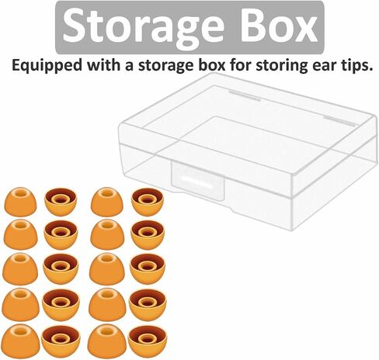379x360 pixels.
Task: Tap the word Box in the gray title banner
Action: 279,26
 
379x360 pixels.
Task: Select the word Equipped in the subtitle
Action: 47,66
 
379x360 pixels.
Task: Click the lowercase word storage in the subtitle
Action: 165,66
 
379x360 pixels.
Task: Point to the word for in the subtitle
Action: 241,64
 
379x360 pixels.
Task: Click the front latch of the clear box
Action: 197,181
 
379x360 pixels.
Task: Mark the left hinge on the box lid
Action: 245,95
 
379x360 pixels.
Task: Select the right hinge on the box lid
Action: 340,121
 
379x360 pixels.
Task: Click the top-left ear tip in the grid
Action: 20,202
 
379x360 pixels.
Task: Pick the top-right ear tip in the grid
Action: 148,202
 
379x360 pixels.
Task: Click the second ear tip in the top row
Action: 61,202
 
